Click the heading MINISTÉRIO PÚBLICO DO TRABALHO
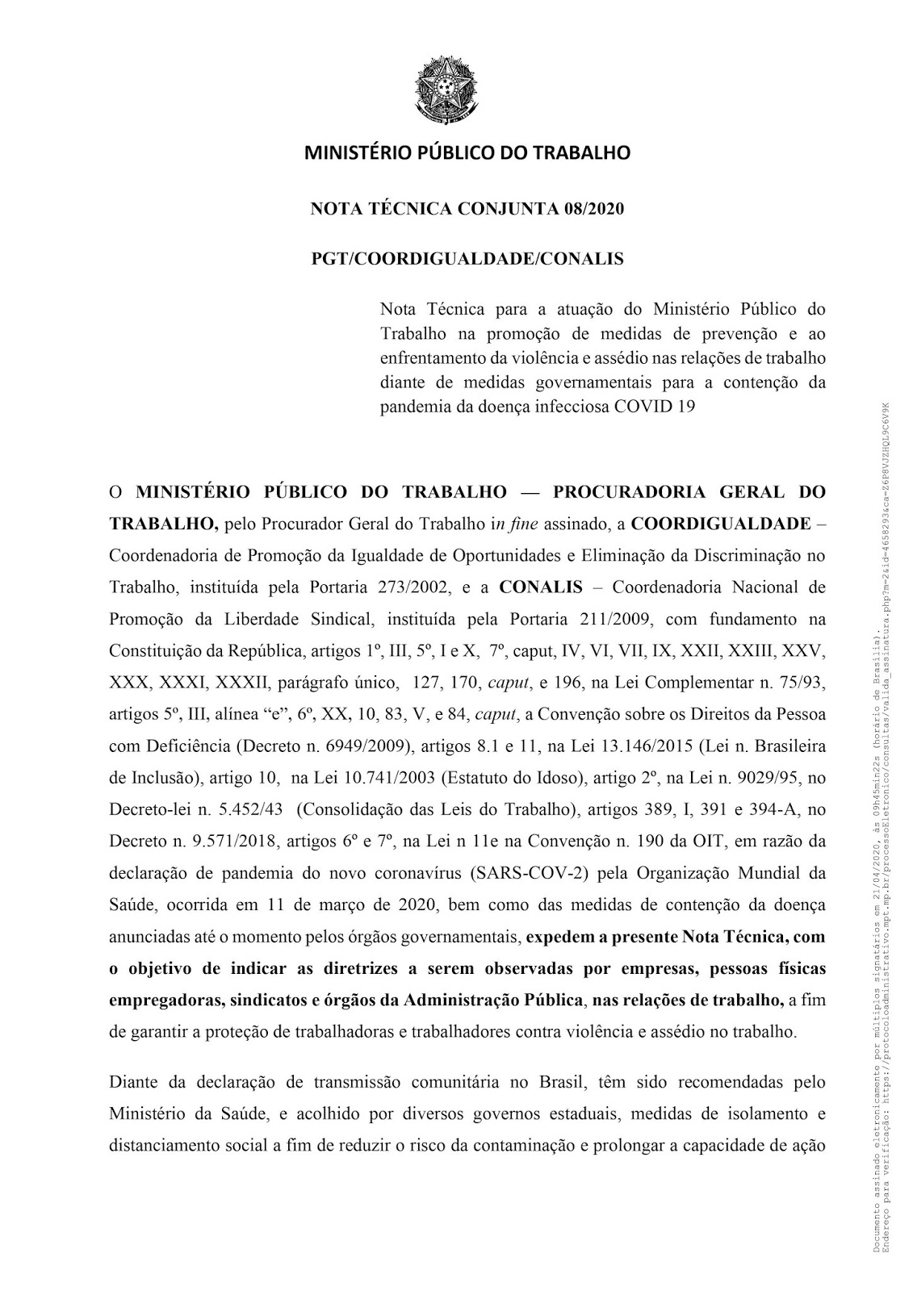tap(467, 152)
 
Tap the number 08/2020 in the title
tap(594, 209)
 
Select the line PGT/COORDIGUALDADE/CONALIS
tap(467, 259)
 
